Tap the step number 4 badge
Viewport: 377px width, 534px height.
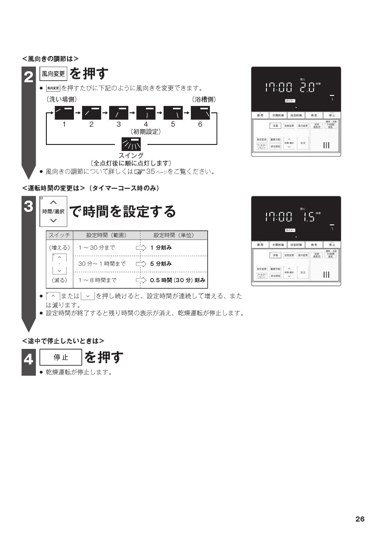29,360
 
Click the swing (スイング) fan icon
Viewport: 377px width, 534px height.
131,144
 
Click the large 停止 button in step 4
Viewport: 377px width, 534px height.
61,357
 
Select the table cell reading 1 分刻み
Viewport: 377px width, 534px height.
161,248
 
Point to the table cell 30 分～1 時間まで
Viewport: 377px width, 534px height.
102,264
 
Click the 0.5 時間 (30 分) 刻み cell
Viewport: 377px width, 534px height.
178,280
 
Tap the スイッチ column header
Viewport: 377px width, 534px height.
60,235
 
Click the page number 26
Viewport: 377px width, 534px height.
360,519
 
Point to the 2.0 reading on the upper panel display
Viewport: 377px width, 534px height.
307,88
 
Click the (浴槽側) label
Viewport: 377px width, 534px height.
204,100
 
